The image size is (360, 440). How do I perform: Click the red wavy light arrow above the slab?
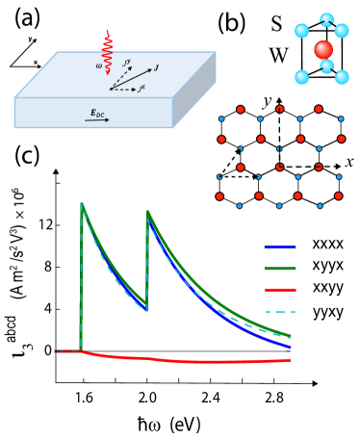(107, 53)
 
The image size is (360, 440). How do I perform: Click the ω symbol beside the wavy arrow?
(98, 66)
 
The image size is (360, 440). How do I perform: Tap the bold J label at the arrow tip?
(156, 67)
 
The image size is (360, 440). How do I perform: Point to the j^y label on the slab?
(127, 63)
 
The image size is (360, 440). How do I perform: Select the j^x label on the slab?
(141, 89)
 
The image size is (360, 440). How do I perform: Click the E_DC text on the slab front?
(97, 113)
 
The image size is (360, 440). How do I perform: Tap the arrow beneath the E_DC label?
(97, 120)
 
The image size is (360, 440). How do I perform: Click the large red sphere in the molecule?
(323, 50)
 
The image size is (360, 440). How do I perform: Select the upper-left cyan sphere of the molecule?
(302, 31)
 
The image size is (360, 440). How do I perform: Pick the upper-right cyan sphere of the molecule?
(342, 31)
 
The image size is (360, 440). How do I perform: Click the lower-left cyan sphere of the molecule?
(302, 77)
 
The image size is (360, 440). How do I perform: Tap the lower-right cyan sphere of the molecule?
(342, 77)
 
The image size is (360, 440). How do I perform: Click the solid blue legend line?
(280, 247)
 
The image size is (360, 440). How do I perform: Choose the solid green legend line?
(280, 269)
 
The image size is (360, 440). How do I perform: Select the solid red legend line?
(280, 290)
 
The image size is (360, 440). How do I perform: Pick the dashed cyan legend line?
(280, 312)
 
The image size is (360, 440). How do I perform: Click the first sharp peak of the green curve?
(82, 204)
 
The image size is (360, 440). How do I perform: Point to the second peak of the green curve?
(148, 212)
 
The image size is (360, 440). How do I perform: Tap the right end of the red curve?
(289, 360)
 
